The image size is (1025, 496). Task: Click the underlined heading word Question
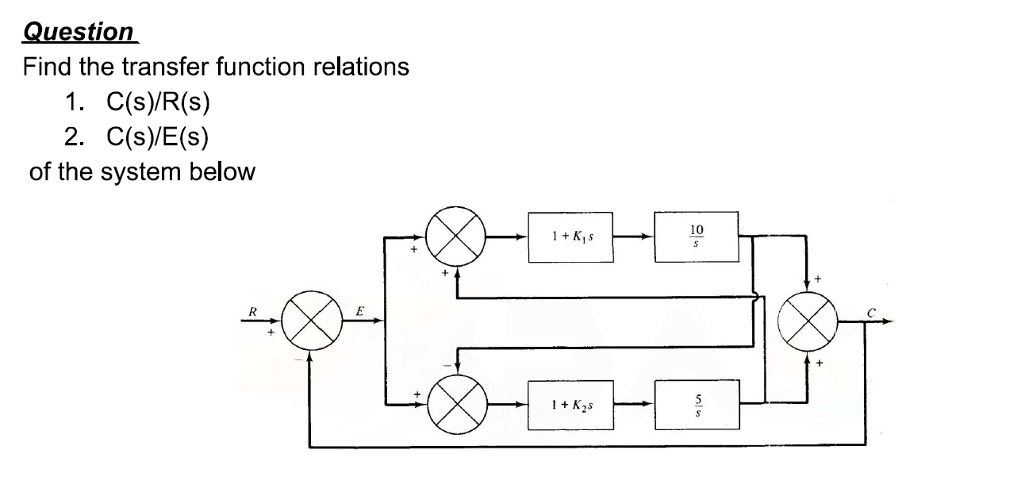[79, 32]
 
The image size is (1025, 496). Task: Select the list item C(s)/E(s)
[158, 136]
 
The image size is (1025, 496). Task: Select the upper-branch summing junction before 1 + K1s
[456, 236]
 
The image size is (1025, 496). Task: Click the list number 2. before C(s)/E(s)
[75, 136]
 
